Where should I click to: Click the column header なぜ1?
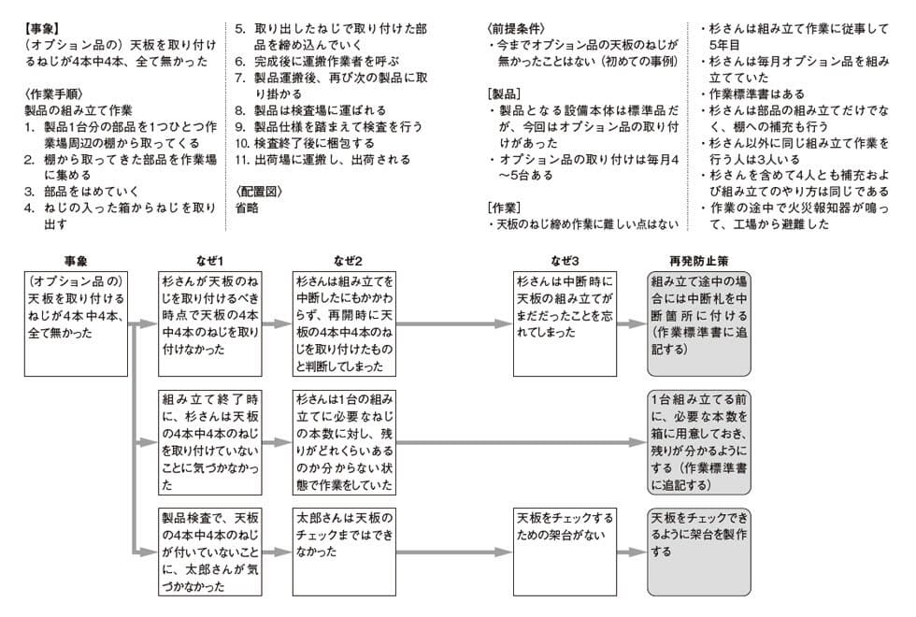tap(210, 261)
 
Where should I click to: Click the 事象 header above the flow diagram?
tap(76, 261)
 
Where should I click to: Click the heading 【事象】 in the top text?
tap(45, 29)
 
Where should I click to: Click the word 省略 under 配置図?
tap(248, 207)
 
